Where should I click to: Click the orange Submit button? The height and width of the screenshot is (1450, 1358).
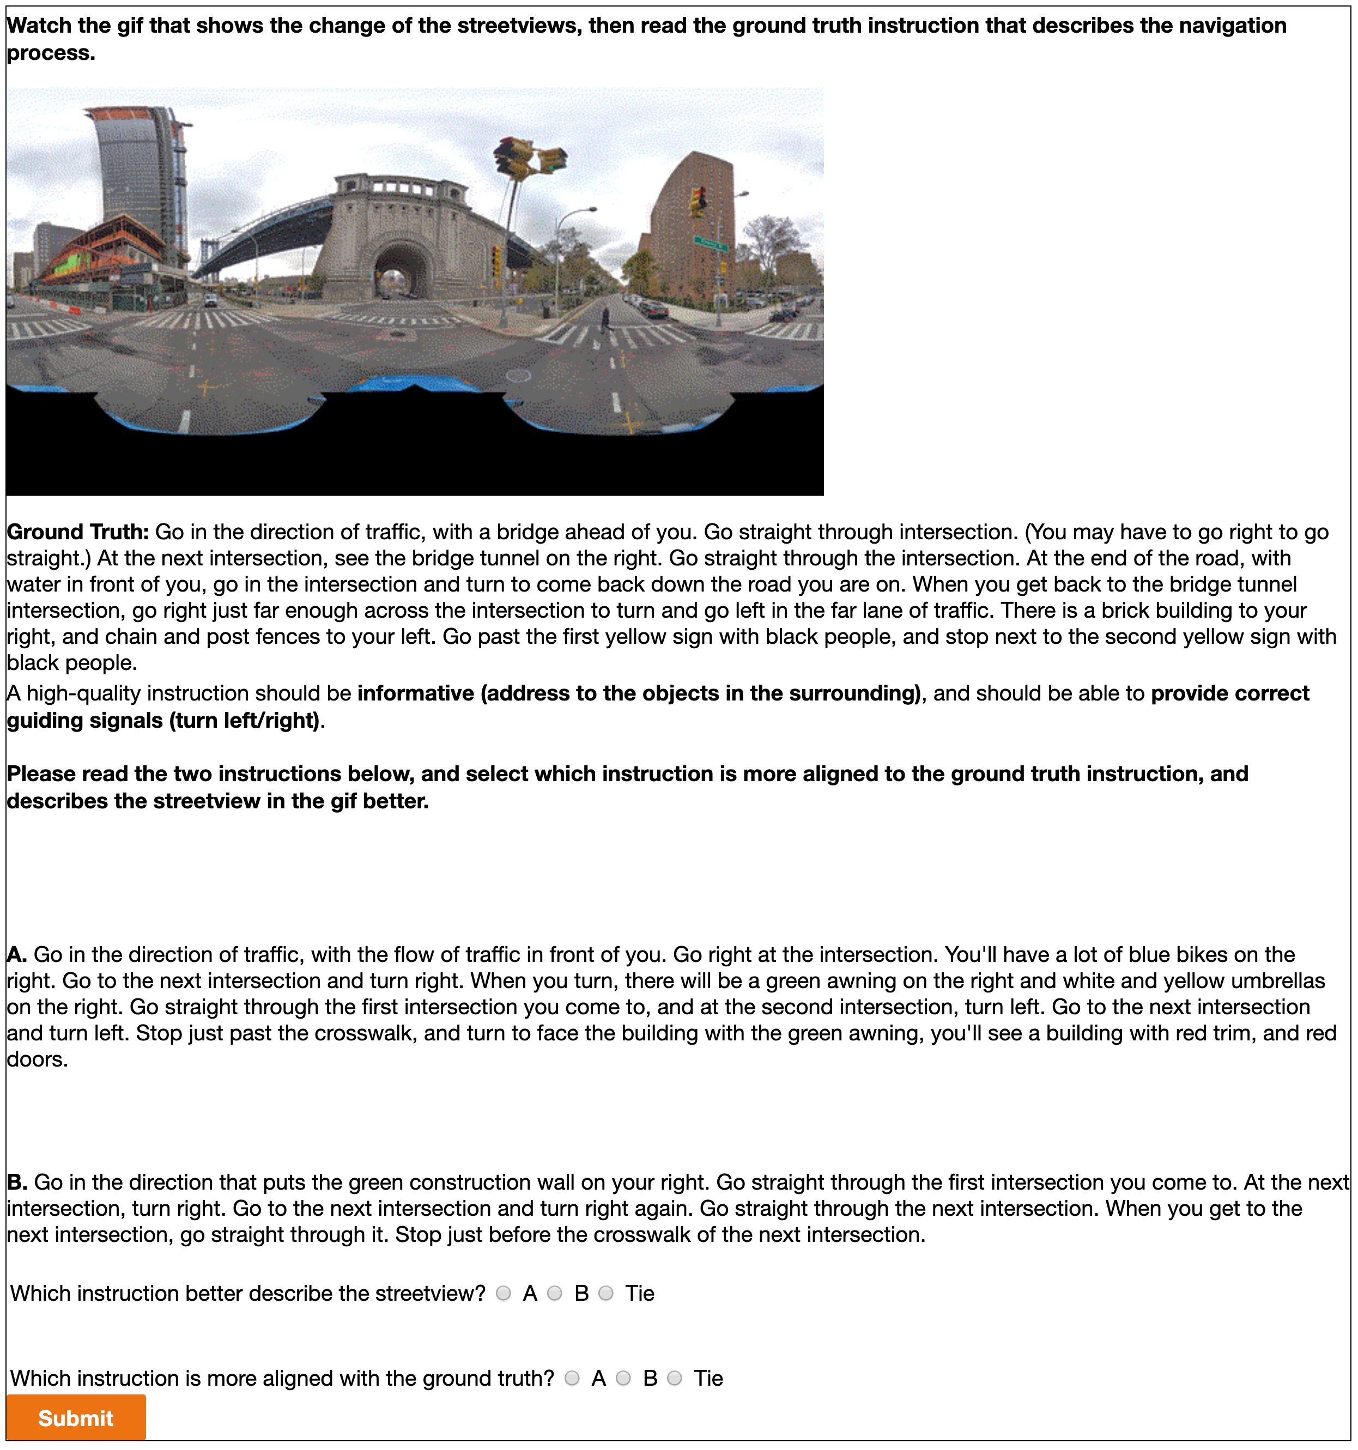(x=76, y=1417)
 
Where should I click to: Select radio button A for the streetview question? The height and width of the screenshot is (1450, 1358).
(x=504, y=1293)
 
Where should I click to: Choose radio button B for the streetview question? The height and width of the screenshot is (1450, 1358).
(x=555, y=1293)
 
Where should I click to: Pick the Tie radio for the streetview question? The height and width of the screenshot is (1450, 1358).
(x=605, y=1293)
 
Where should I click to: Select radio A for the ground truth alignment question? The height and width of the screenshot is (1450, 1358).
(x=572, y=1378)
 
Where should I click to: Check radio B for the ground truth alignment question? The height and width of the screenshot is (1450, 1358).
(x=623, y=1378)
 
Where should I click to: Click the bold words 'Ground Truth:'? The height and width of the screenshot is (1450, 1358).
(x=78, y=532)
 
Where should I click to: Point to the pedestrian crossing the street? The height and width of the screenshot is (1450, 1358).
(x=604, y=319)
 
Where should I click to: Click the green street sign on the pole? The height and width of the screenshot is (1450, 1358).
(x=710, y=243)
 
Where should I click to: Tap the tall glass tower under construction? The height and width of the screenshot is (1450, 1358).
(x=138, y=175)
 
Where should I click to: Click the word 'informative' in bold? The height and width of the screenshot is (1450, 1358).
(x=415, y=693)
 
